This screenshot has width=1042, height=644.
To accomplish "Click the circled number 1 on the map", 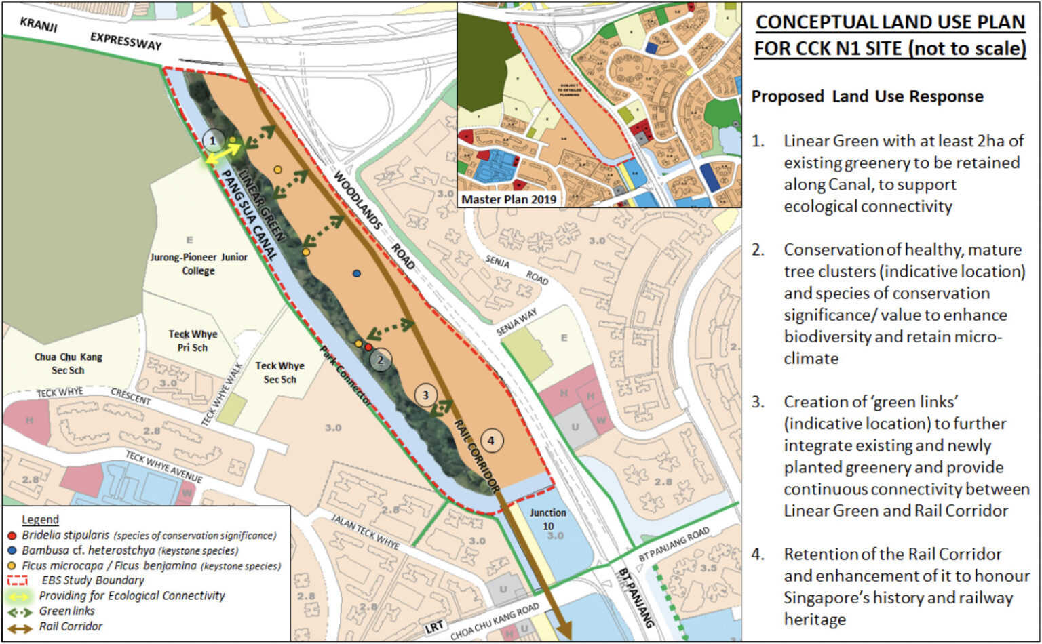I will pos(213,141).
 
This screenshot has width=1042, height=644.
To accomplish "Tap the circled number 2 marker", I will pos(381,360).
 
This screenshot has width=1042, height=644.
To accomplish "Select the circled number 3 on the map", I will pos(425,395).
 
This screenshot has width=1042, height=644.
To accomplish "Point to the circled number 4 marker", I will pos(492,441).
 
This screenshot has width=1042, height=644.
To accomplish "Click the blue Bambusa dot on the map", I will pos(357,273).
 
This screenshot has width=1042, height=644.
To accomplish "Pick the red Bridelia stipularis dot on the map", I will pos(368,346).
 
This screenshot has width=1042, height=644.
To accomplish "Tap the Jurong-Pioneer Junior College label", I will pos(198,264).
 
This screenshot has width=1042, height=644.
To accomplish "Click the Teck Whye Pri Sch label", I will pos(193,341).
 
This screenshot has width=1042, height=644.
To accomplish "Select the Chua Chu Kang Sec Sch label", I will pos(68,363).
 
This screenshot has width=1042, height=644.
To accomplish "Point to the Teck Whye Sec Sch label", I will pos(279,372).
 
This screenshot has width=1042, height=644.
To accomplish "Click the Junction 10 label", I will pos(548,519).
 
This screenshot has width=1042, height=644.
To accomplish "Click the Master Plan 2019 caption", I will pos(509,199).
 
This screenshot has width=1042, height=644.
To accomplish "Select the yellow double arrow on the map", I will pos(223,152).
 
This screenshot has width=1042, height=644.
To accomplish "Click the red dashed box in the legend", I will pos(17,580).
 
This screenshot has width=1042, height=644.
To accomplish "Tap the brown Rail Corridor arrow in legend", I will pos(19,628).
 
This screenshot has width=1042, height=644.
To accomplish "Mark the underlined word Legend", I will pos(40,520).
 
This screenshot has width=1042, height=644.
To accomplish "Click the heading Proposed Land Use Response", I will pos(867,96).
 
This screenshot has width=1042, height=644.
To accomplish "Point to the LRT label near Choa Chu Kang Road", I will pos(433,628).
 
